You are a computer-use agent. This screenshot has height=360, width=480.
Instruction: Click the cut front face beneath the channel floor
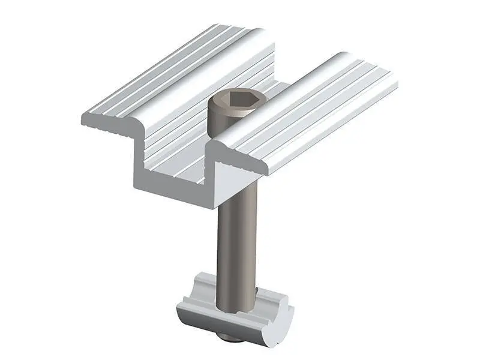pyautogui.click(x=174, y=192)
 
